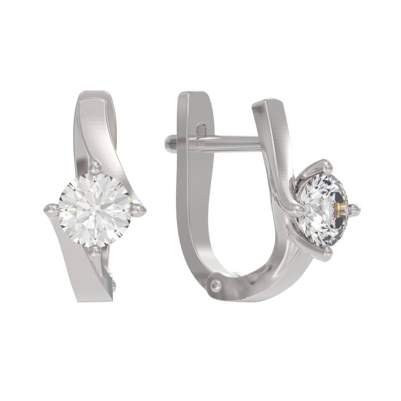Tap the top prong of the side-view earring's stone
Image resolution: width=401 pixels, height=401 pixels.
326,164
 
